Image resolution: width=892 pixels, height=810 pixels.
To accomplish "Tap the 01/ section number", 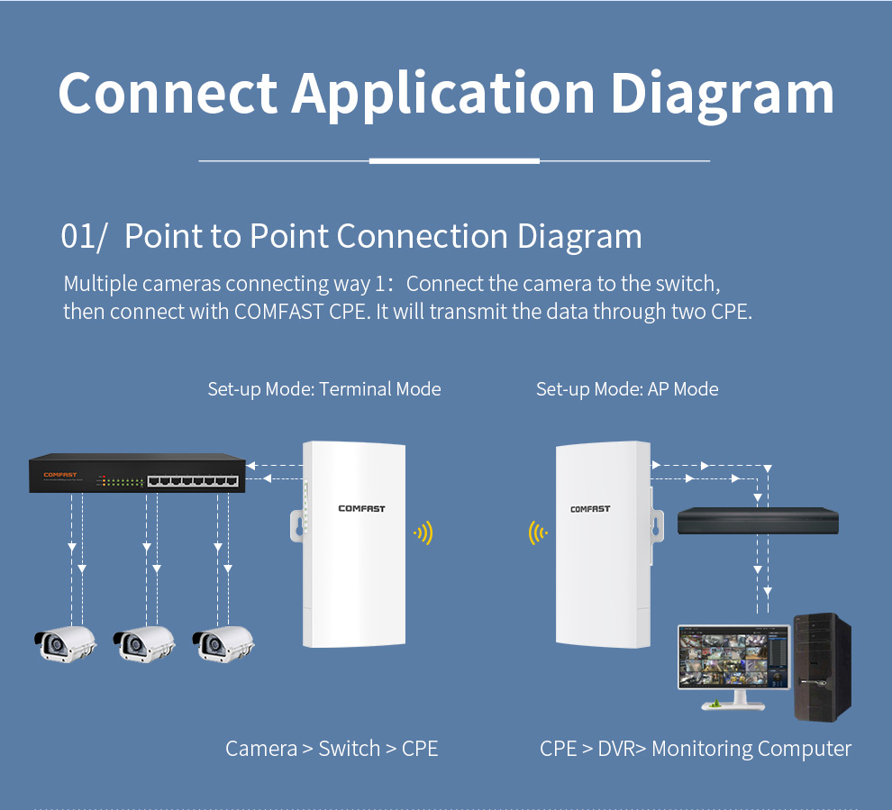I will point(84,236).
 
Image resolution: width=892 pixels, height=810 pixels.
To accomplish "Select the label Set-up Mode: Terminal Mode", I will point(324,389).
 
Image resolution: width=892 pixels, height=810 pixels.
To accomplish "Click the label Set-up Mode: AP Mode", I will point(627,389).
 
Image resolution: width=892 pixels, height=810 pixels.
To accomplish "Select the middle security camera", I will point(143,643).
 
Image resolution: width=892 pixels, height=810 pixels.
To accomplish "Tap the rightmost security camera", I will point(223,643).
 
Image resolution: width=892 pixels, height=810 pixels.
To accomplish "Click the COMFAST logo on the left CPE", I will point(361,509).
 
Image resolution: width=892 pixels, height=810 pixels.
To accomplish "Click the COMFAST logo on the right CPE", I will point(590,509).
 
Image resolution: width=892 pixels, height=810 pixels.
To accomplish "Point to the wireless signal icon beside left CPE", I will point(423,533).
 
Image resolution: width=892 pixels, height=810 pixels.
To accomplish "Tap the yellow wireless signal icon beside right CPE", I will point(538,533).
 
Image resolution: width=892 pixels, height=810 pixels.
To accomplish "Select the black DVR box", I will point(758,521).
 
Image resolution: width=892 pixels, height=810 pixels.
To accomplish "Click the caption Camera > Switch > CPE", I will point(332,749).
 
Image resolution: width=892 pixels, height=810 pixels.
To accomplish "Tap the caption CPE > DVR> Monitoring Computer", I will point(695,749).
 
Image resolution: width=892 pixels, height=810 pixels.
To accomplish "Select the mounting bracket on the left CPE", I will point(296,527).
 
